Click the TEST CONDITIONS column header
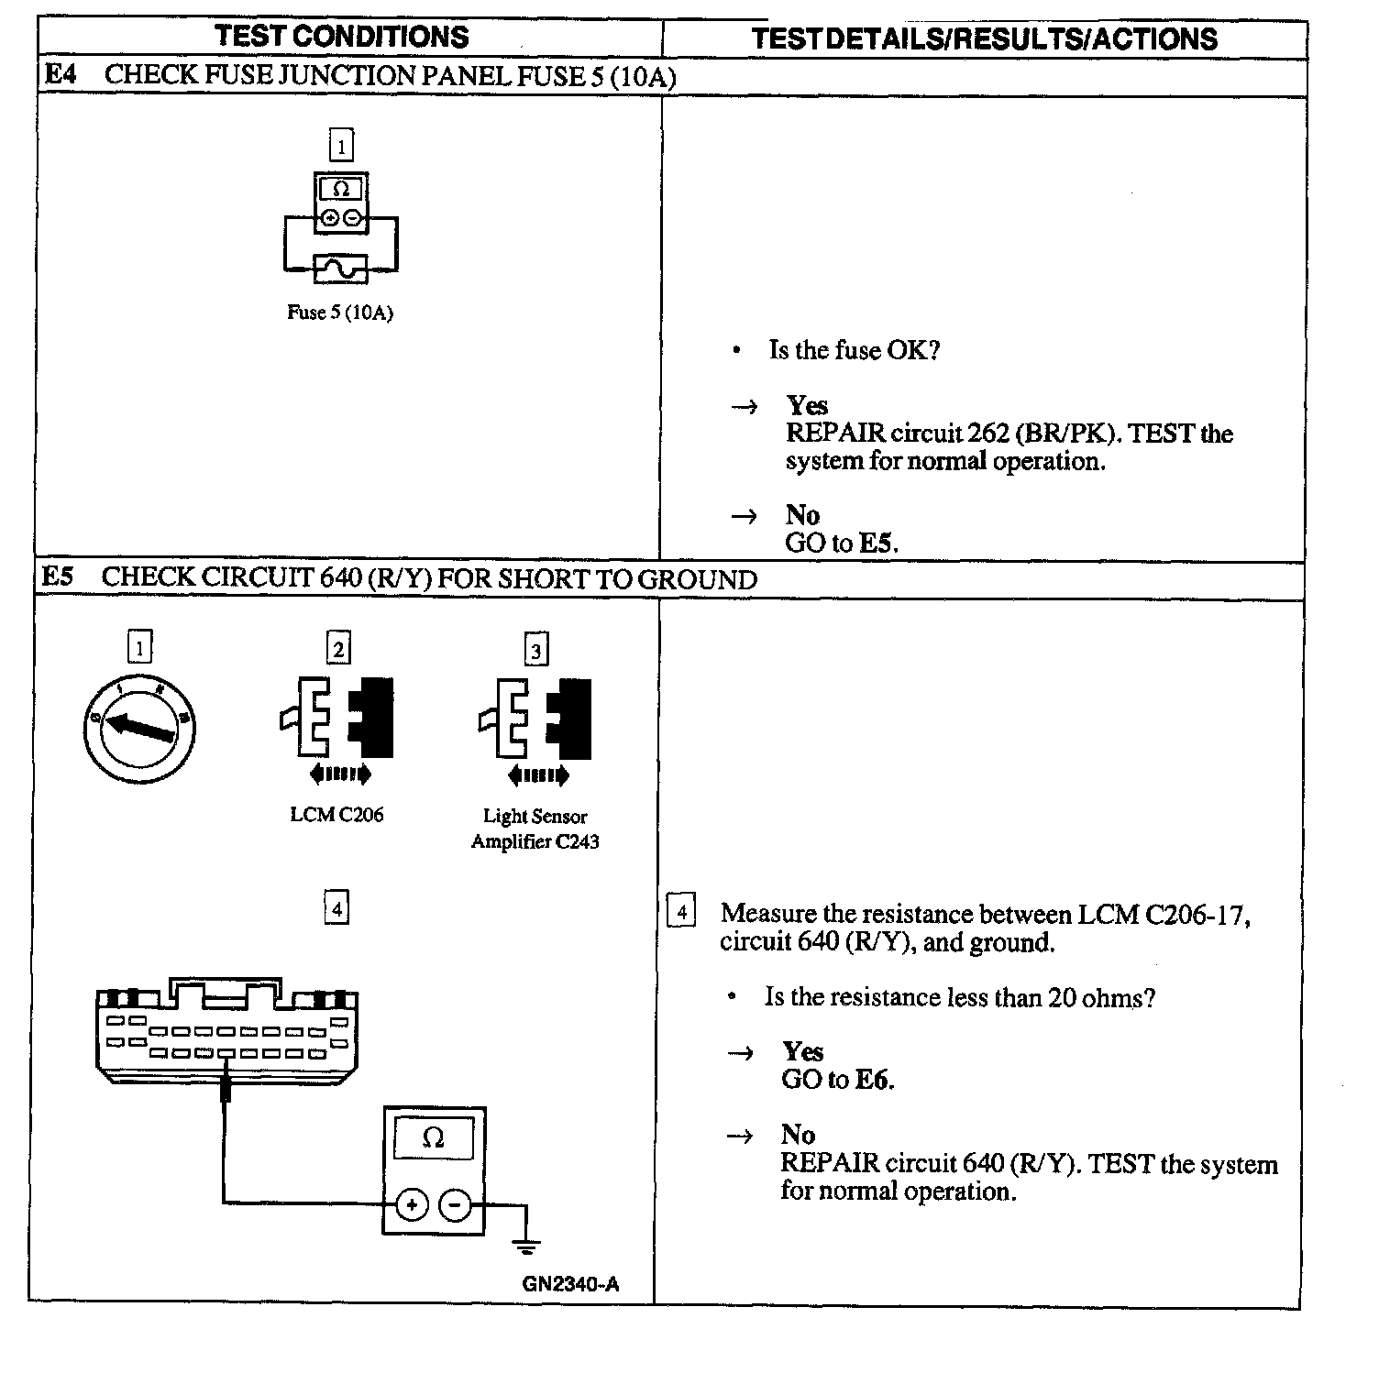(x=341, y=37)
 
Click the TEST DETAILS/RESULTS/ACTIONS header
(x=984, y=38)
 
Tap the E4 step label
(x=60, y=74)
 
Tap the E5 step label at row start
(x=58, y=577)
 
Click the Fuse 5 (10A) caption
(x=339, y=313)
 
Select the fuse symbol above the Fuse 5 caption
(x=340, y=269)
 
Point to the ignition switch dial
(x=139, y=728)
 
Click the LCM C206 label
(x=336, y=815)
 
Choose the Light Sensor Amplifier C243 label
(x=535, y=829)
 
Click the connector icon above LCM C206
(x=337, y=718)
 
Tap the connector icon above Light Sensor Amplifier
(x=535, y=719)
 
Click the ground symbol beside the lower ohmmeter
(x=526, y=1246)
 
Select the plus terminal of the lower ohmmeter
(x=412, y=1205)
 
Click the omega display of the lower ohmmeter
(x=434, y=1139)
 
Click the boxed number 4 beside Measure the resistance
(x=681, y=913)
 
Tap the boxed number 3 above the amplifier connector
(x=535, y=650)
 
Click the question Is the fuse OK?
(x=854, y=350)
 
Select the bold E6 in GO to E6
(x=874, y=1080)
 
